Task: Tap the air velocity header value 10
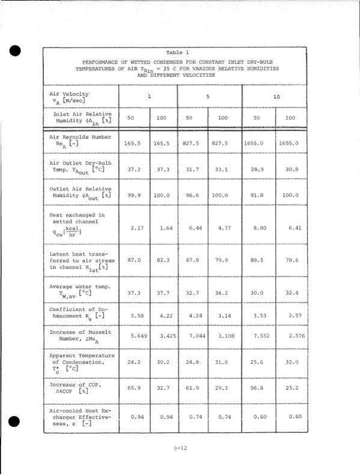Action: (276, 96)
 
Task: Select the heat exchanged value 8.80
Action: (259, 228)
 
